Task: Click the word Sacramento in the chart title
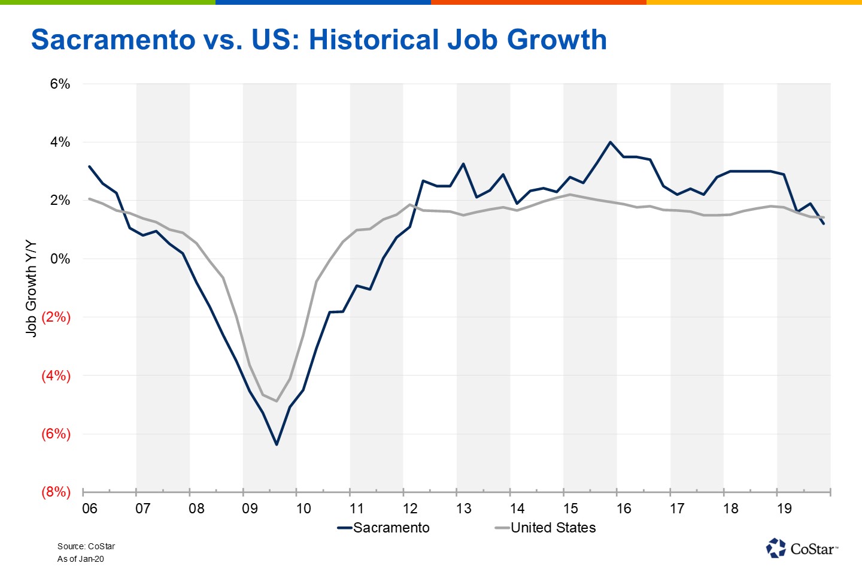tap(113, 40)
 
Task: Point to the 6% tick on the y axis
tap(60, 84)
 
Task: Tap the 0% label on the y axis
tap(60, 259)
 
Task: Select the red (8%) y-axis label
tap(56, 492)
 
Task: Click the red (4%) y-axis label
tap(56, 376)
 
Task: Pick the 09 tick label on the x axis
tap(250, 509)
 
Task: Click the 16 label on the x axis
tap(624, 509)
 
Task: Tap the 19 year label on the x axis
tap(784, 509)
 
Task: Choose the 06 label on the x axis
tap(90, 509)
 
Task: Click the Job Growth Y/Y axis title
tap(31, 289)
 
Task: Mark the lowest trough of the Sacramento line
tap(277, 444)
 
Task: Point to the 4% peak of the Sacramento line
tap(610, 143)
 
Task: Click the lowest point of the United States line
tap(277, 401)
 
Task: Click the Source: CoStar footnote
tap(86, 546)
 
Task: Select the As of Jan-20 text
tap(81, 559)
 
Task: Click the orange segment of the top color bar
tap(539, 2)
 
